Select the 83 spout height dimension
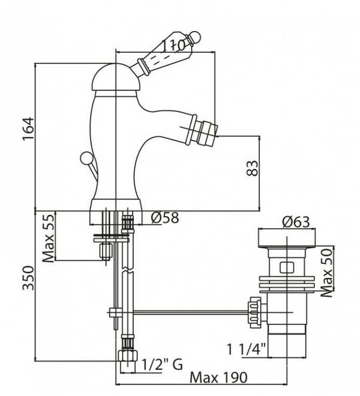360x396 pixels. [x=252, y=168]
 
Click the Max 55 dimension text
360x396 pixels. [x=48, y=238]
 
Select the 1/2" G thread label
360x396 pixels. [x=162, y=364]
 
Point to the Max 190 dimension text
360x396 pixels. [x=218, y=377]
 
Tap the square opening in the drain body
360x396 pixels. [x=286, y=268]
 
